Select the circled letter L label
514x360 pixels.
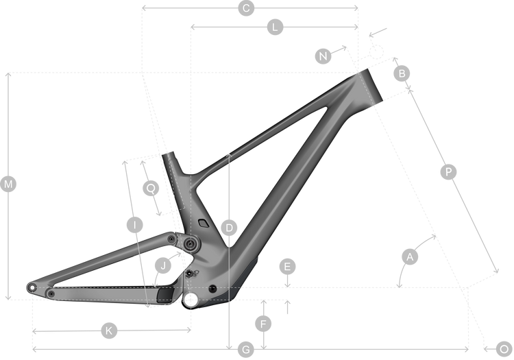pyautogui.click(x=274, y=27)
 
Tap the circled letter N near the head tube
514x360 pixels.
pyautogui.click(x=324, y=56)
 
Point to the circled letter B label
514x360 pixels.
pyautogui.click(x=403, y=73)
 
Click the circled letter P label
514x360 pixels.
pyautogui.click(x=448, y=172)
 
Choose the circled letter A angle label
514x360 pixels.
pyautogui.click(x=410, y=257)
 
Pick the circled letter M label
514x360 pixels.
pyautogui.click(x=9, y=184)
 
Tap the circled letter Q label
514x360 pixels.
pyautogui.click(x=151, y=187)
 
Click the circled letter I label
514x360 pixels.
pyautogui.click(x=134, y=225)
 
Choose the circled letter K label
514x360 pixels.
pyautogui.click(x=109, y=331)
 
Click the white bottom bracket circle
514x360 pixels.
pyautogui.click(x=191, y=299)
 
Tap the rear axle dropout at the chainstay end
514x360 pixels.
pyautogui.click(x=31, y=287)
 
